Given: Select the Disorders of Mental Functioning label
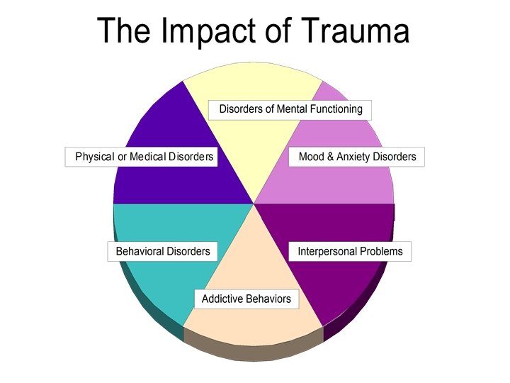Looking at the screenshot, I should click(x=290, y=109).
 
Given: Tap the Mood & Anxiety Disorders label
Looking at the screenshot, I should click(x=357, y=156).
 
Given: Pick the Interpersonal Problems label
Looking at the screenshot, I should click(x=350, y=251).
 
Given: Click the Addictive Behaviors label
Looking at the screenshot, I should click(x=246, y=299).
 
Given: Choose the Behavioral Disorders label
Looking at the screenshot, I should click(x=163, y=251).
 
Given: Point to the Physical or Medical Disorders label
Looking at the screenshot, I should click(x=144, y=156).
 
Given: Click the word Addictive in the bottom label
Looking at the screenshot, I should click(x=222, y=299).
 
